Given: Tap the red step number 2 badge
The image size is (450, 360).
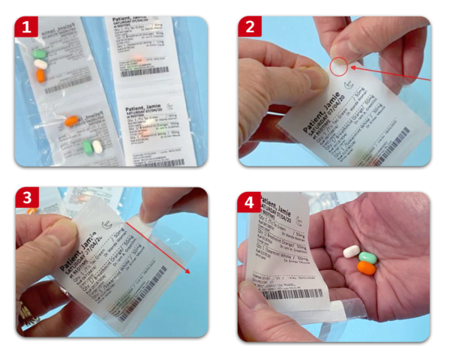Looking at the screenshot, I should tap(250, 28).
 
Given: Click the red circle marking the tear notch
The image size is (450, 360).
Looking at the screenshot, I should tap(340, 67).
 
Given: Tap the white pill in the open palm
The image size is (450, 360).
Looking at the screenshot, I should tap(351, 252).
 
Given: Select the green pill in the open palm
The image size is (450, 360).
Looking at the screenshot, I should tap(367, 258).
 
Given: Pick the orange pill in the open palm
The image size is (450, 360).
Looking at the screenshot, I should tap(367, 267).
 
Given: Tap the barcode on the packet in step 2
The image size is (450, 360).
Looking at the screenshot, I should tap(389, 142).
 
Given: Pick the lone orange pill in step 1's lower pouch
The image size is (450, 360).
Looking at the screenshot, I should tap(71, 120).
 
